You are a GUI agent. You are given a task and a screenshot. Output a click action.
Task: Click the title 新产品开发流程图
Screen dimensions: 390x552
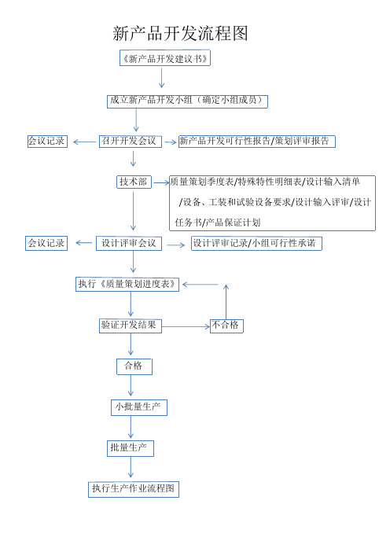tap(180, 34)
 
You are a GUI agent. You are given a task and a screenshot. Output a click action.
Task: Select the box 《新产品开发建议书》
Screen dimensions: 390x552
tap(165, 58)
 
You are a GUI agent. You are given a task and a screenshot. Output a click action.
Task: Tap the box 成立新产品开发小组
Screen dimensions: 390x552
tap(187, 101)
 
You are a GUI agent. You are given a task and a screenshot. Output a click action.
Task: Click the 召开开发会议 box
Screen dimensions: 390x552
tap(131, 142)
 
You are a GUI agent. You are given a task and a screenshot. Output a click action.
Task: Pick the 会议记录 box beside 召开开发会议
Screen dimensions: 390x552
tap(47, 142)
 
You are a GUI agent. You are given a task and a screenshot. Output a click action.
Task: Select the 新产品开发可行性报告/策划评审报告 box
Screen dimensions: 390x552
tap(256, 142)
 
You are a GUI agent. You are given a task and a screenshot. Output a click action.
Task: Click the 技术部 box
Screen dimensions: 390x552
tap(134, 182)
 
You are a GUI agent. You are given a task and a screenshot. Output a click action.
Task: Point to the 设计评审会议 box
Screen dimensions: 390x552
tap(129, 243)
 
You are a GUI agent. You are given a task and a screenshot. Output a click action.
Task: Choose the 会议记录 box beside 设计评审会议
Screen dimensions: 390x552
tap(46, 243)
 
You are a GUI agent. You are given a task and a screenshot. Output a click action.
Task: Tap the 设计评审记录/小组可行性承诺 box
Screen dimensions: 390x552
tap(256, 243)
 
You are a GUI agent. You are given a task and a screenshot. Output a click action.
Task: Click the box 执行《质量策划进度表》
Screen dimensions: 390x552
tap(127, 284)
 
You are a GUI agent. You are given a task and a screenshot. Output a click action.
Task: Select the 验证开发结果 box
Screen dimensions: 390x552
tap(131, 326)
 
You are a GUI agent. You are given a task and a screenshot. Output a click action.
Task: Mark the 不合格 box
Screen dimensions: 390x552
tap(226, 326)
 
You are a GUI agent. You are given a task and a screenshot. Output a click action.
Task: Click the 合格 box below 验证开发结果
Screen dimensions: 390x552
tap(134, 366)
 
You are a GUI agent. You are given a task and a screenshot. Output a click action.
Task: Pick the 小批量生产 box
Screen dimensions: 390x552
tap(138, 407)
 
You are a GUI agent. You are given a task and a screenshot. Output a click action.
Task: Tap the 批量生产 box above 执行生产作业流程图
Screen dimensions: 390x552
tap(131, 448)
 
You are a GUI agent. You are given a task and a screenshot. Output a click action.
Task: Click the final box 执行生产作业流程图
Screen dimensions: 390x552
tap(134, 489)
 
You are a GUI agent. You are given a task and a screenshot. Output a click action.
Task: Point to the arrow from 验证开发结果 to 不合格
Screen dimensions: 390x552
tap(186, 326)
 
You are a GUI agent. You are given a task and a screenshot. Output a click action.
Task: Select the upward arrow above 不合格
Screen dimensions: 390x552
tap(226, 302)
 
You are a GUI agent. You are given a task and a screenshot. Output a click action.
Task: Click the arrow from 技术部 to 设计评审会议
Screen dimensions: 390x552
tap(133, 211)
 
